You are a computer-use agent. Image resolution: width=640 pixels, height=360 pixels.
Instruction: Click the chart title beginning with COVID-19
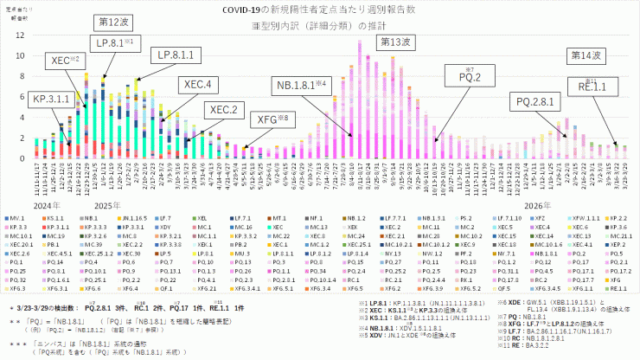click(x=319, y=9)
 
